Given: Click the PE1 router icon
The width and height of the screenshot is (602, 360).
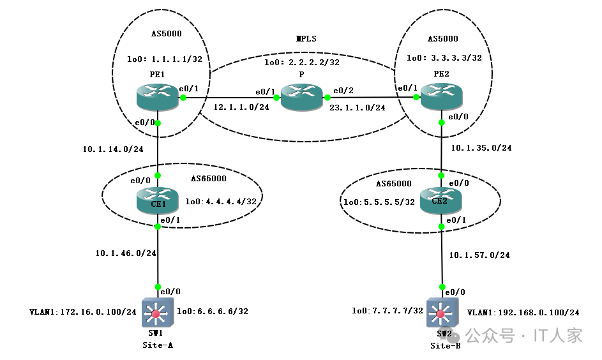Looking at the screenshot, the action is [158, 98].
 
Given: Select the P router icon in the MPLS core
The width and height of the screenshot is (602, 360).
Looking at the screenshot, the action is [302, 98].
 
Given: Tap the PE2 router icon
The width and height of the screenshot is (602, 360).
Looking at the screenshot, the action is [442, 97].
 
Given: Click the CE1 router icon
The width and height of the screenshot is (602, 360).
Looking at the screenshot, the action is [158, 200].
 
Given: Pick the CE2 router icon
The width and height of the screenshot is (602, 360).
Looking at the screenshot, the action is [440, 200].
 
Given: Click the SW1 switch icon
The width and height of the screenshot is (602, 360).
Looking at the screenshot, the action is [158, 313].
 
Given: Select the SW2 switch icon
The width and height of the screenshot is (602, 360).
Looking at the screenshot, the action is [442, 313].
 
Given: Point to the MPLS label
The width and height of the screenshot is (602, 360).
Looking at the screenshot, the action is [306, 38].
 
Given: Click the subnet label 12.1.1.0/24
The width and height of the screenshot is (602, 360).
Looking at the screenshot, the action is [241, 107].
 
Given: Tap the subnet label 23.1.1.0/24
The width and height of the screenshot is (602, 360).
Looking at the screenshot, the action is [357, 108].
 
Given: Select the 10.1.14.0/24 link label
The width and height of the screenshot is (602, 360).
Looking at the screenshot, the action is [113, 149].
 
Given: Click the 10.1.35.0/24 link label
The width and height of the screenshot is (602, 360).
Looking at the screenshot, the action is [481, 147].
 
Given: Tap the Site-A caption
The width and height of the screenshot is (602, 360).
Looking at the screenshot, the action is [158, 345].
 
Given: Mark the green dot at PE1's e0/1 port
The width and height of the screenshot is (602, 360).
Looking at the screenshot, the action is [183, 98].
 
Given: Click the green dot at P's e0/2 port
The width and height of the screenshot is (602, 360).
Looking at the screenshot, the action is [327, 98].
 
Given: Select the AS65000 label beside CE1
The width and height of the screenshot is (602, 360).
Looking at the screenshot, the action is [209, 179].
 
